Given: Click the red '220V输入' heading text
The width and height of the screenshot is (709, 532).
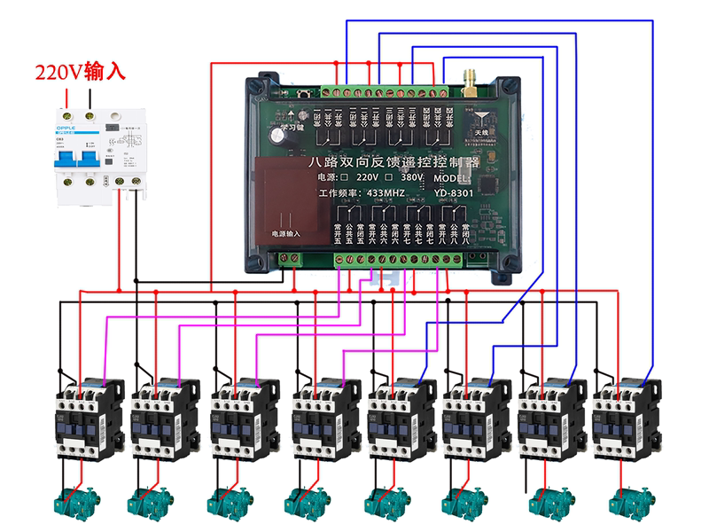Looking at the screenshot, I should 79,72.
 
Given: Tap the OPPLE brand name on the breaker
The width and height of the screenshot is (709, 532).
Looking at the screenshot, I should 68,129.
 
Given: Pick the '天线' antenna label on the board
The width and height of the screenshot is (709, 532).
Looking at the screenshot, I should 480,131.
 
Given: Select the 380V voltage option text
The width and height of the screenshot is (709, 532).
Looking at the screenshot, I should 412,177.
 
